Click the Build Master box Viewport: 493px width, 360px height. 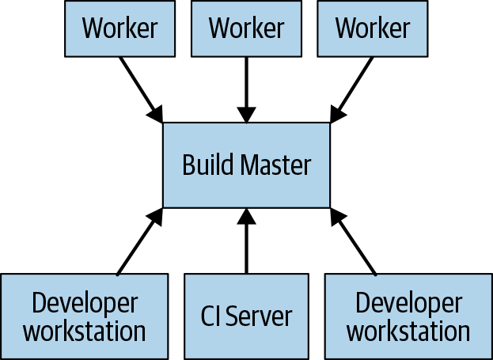246,165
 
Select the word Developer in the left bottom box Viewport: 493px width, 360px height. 85,302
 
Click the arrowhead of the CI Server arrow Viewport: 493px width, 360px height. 246,216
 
